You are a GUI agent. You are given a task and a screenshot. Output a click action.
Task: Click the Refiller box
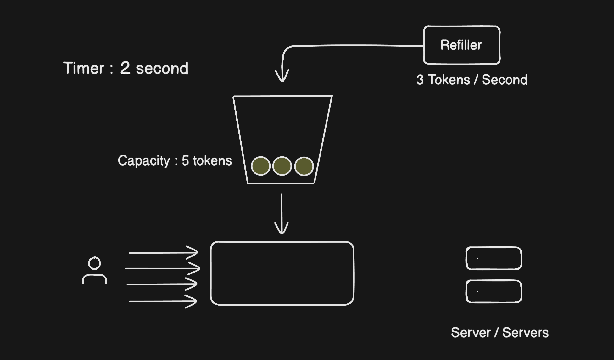click(461, 45)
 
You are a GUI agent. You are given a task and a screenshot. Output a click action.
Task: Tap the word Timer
click(84, 68)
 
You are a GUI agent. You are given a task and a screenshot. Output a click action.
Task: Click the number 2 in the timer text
click(125, 68)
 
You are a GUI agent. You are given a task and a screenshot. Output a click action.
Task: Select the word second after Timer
click(162, 69)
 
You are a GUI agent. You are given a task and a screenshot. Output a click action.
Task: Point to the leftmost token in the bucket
click(260, 166)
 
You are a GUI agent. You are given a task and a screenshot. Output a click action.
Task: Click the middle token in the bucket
click(282, 166)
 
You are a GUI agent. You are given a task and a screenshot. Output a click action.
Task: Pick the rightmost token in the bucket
click(304, 166)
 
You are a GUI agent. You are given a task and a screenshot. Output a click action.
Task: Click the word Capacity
click(144, 161)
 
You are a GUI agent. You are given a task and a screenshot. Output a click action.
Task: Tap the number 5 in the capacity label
click(185, 160)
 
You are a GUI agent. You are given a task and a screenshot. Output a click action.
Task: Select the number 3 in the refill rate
click(420, 80)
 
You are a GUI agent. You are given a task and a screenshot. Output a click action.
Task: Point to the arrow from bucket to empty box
click(282, 214)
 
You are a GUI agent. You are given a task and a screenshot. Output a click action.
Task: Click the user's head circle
click(94, 263)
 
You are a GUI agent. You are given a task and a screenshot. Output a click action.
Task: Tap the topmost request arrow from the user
click(164, 252)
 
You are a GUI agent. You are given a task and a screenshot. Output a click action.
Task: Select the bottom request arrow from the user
click(163, 301)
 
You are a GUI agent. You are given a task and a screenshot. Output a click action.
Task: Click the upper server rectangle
click(494, 258)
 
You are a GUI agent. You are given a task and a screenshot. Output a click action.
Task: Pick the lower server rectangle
click(494, 291)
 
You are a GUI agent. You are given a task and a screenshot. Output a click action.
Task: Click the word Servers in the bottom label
click(525, 333)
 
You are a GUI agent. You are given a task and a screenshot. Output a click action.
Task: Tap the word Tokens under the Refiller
click(449, 80)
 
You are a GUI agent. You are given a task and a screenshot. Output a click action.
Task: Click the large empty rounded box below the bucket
click(282, 273)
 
